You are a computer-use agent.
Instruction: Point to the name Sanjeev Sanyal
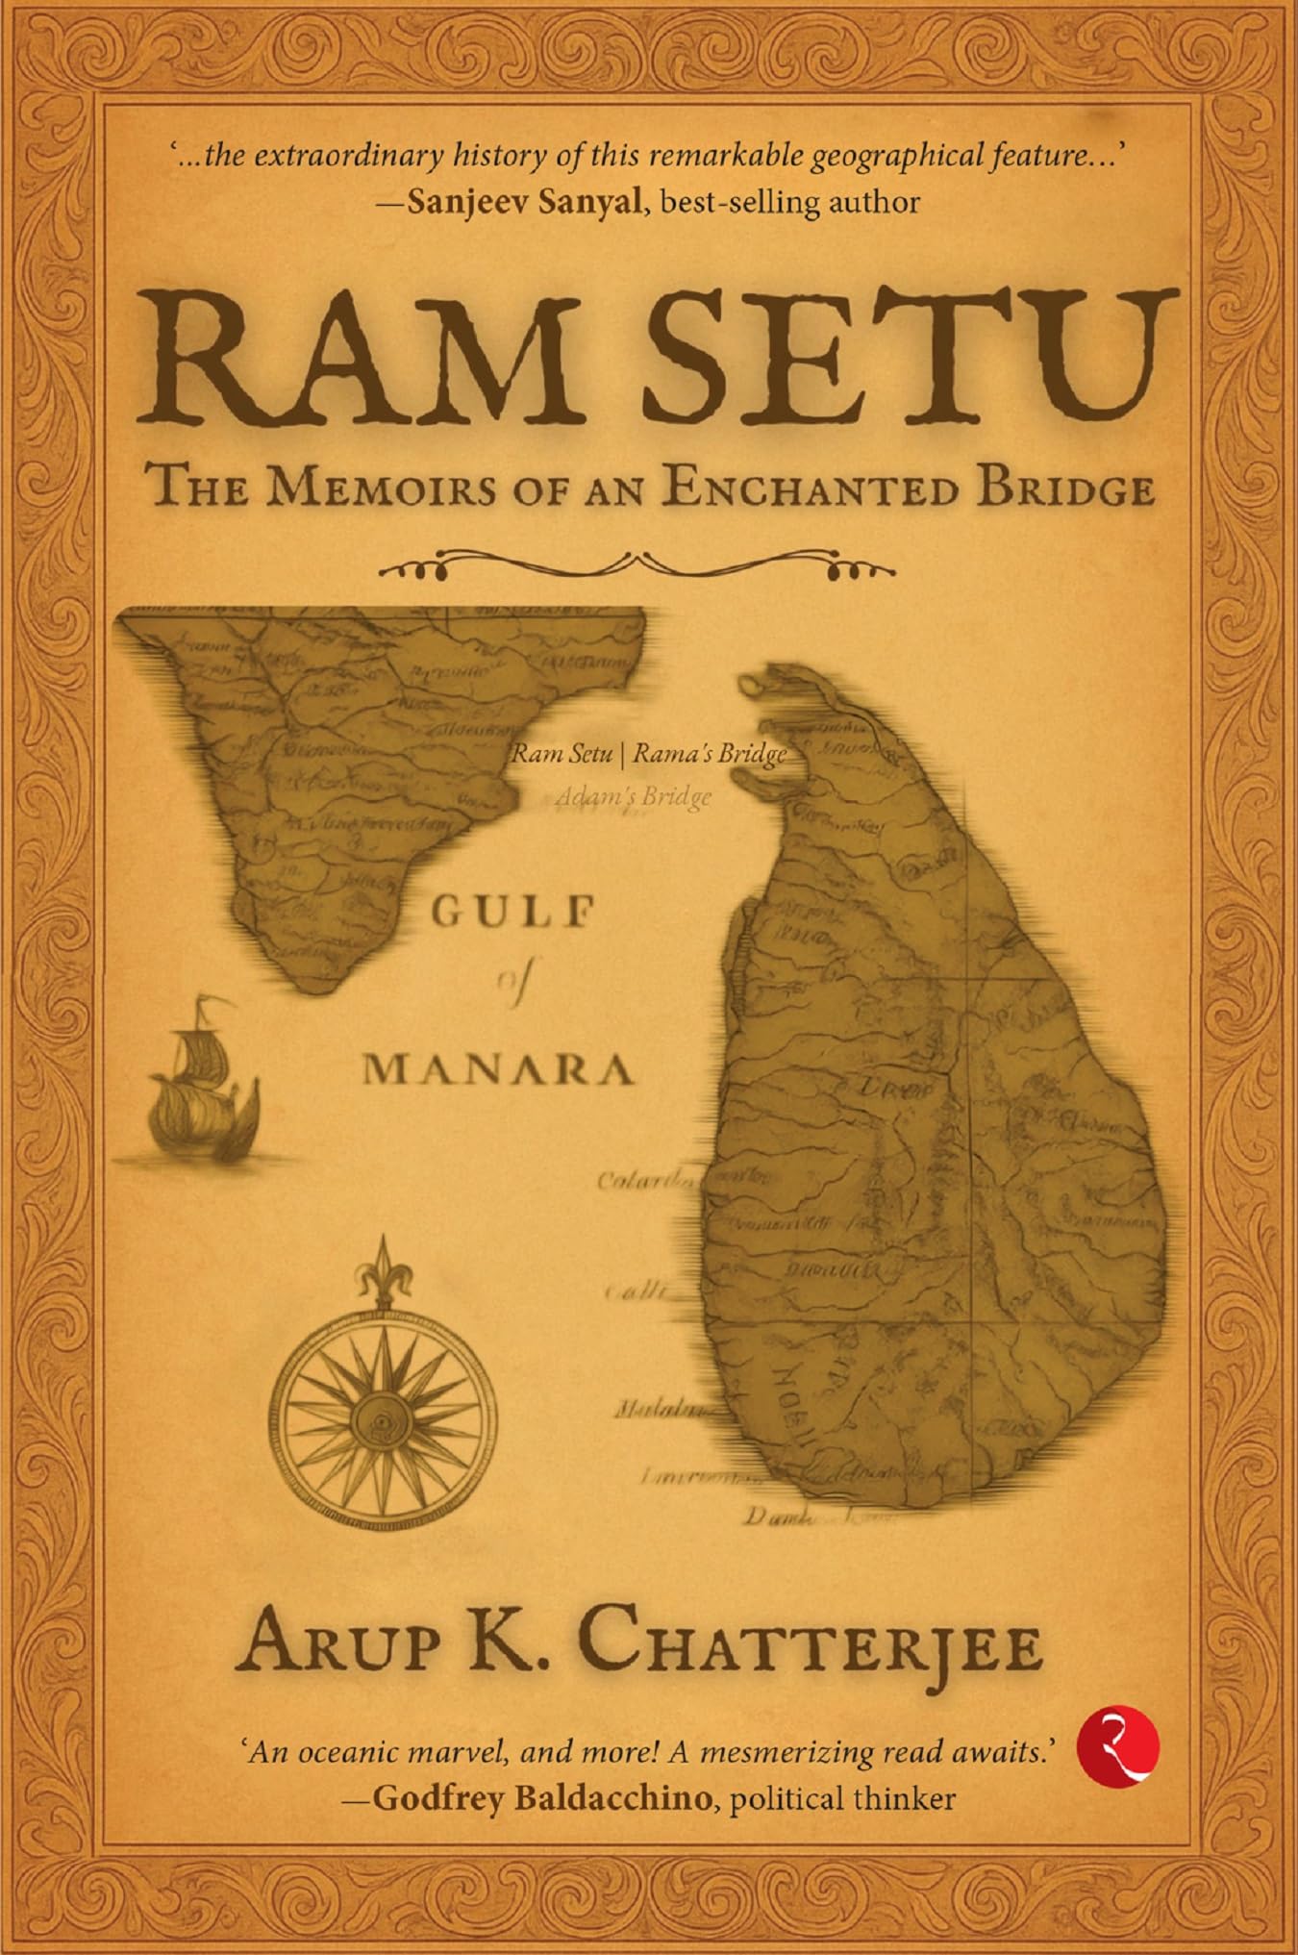pyautogui.click(x=524, y=202)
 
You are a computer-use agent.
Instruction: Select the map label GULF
pyautogui.click(x=509, y=911)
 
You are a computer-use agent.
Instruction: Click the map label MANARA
pyautogui.click(x=498, y=1069)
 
